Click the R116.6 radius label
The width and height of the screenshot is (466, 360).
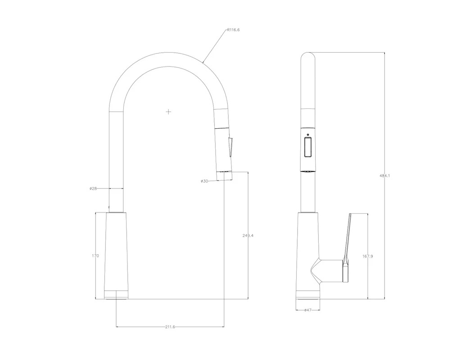pyautogui.click(x=233, y=30)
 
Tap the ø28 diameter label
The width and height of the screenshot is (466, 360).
pyautogui.click(x=93, y=188)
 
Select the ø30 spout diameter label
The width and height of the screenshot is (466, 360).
pyautogui.click(x=204, y=181)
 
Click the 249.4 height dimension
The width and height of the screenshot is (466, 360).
pyautogui.click(x=248, y=235)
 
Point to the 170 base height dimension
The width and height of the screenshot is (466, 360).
pyautogui.click(x=95, y=256)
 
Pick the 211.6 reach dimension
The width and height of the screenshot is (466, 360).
pyautogui.click(x=170, y=327)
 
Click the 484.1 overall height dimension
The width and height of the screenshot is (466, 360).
pyautogui.click(x=385, y=175)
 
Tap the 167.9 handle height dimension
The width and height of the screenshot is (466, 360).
pyautogui.click(x=368, y=256)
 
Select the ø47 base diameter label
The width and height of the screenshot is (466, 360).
pyautogui.click(x=308, y=310)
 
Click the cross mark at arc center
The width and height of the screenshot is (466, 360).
pyautogui.click(x=168, y=112)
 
